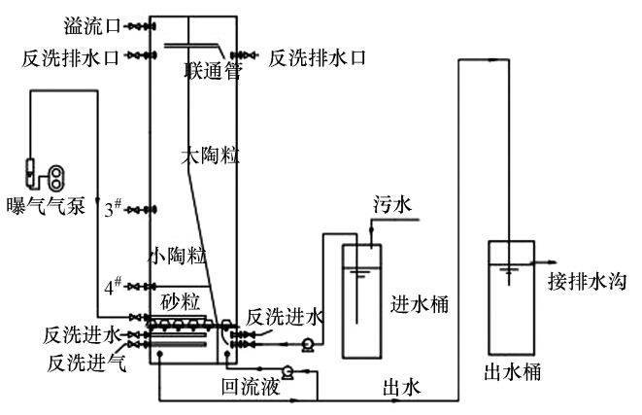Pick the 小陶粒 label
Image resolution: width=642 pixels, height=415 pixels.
click(177, 256)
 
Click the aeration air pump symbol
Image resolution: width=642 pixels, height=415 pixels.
click(47, 176)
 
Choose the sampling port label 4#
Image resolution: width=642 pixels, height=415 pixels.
click(114, 286)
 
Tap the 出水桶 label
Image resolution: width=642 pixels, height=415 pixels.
click(512, 371)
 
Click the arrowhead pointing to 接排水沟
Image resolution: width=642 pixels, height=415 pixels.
click(550, 263)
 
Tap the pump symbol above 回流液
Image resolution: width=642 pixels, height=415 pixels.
click(288, 370)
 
